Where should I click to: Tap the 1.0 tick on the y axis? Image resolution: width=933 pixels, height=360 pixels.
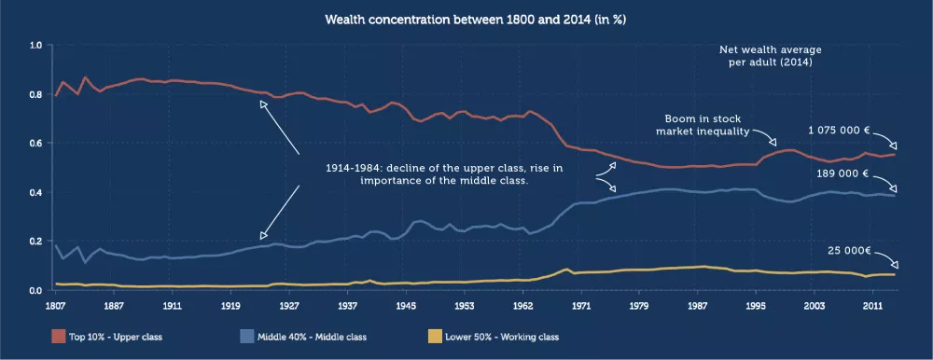click(35, 45)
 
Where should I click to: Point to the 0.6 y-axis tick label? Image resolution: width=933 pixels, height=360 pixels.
click(35, 144)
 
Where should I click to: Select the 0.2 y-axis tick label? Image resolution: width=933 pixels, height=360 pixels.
click(35, 242)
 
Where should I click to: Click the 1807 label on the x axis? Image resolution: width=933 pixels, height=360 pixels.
click(55, 305)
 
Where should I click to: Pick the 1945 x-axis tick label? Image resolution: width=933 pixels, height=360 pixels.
click(406, 305)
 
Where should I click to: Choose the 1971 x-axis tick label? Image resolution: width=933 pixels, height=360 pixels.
click(580, 305)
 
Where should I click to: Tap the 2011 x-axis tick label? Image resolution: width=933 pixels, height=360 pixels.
click(873, 305)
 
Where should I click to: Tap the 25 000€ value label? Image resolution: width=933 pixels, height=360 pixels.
click(849, 251)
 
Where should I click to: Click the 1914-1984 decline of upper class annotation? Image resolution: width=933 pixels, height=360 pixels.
click(444, 174)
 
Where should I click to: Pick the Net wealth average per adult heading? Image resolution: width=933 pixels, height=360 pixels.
click(770, 56)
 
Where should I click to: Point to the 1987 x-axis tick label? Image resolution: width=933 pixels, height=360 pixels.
click(697, 305)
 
